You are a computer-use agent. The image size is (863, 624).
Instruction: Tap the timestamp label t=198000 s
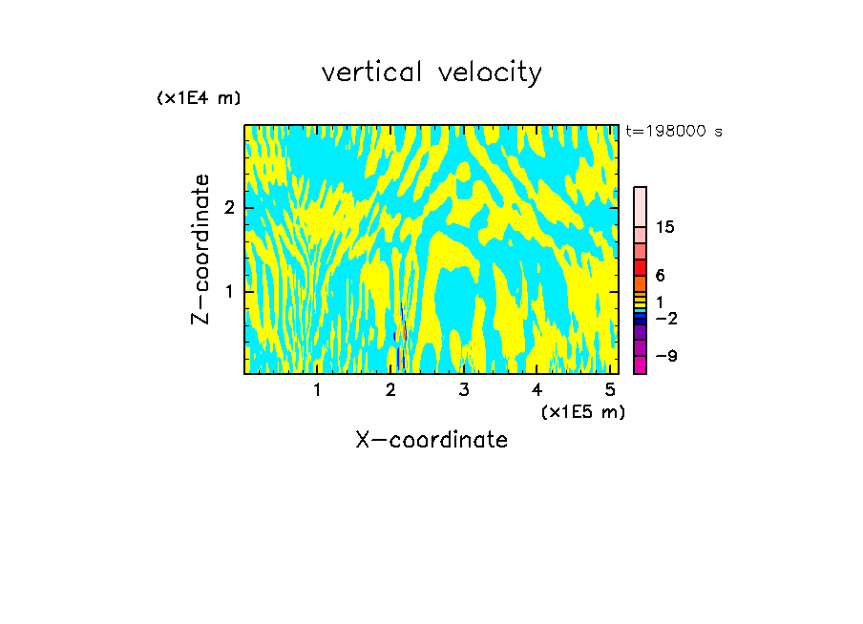pyautogui.click(x=673, y=131)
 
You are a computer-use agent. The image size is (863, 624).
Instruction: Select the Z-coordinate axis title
pyautogui.click(x=200, y=249)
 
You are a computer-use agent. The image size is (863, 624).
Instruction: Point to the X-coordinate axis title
pyautogui.click(x=431, y=440)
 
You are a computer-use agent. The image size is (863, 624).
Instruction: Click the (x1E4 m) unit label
pyautogui.click(x=199, y=98)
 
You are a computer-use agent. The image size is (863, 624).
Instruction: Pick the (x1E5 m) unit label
pyautogui.click(x=582, y=411)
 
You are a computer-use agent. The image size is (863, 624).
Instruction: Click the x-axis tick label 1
pyautogui.click(x=318, y=389)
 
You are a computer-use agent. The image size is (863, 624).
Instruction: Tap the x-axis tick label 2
pyautogui.click(x=390, y=389)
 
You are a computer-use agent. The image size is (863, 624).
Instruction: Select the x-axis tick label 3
pyautogui.click(x=464, y=389)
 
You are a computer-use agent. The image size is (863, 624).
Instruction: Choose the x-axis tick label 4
pyautogui.click(x=537, y=389)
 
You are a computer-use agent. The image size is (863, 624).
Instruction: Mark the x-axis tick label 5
pyautogui.click(x=610, y=389)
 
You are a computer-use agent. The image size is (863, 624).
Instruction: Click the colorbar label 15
pyautogui.click(x=665, y=227)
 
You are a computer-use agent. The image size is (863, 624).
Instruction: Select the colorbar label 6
pyautogui.click(x=660, y=276)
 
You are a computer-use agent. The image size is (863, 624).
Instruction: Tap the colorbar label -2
pyautogui.click(x=665, y=318)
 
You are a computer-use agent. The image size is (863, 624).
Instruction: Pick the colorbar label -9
pyautogui.click(x=665, y=356)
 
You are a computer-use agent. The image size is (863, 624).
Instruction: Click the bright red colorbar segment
pyautogui.click(x=640, y=267)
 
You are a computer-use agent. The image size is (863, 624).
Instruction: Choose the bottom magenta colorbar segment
pyautogui.click(x=640, y=364)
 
